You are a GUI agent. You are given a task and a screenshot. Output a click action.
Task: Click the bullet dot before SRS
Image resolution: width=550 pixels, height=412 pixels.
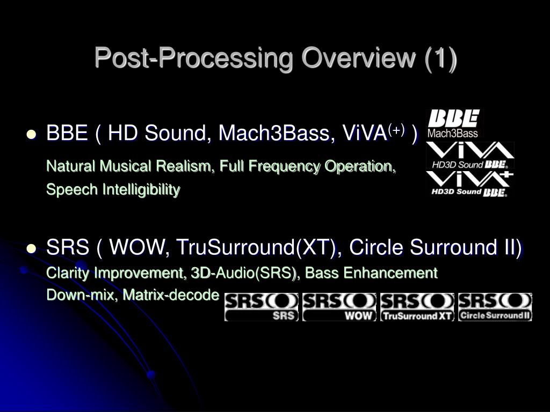[32, 248]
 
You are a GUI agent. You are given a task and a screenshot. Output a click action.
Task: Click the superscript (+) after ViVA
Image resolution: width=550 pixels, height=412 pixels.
[397, 130]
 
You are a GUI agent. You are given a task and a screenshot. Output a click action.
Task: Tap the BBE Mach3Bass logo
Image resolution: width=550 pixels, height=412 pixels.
[454, 124]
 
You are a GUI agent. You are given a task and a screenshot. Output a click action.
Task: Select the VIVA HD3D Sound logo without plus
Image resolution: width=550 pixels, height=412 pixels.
[470, 156]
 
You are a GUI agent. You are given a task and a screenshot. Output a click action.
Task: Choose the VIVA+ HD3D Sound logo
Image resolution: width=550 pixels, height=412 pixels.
[470, 184]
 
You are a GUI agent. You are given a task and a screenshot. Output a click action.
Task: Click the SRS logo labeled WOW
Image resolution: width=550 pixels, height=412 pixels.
[339, 307]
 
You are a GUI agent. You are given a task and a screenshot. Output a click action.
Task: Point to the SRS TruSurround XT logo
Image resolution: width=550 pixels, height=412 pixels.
[417, 307]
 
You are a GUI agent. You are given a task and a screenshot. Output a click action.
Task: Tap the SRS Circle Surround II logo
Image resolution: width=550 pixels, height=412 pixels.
[495, 307]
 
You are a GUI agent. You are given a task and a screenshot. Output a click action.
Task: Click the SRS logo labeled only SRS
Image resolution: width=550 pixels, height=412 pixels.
[261, 307]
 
